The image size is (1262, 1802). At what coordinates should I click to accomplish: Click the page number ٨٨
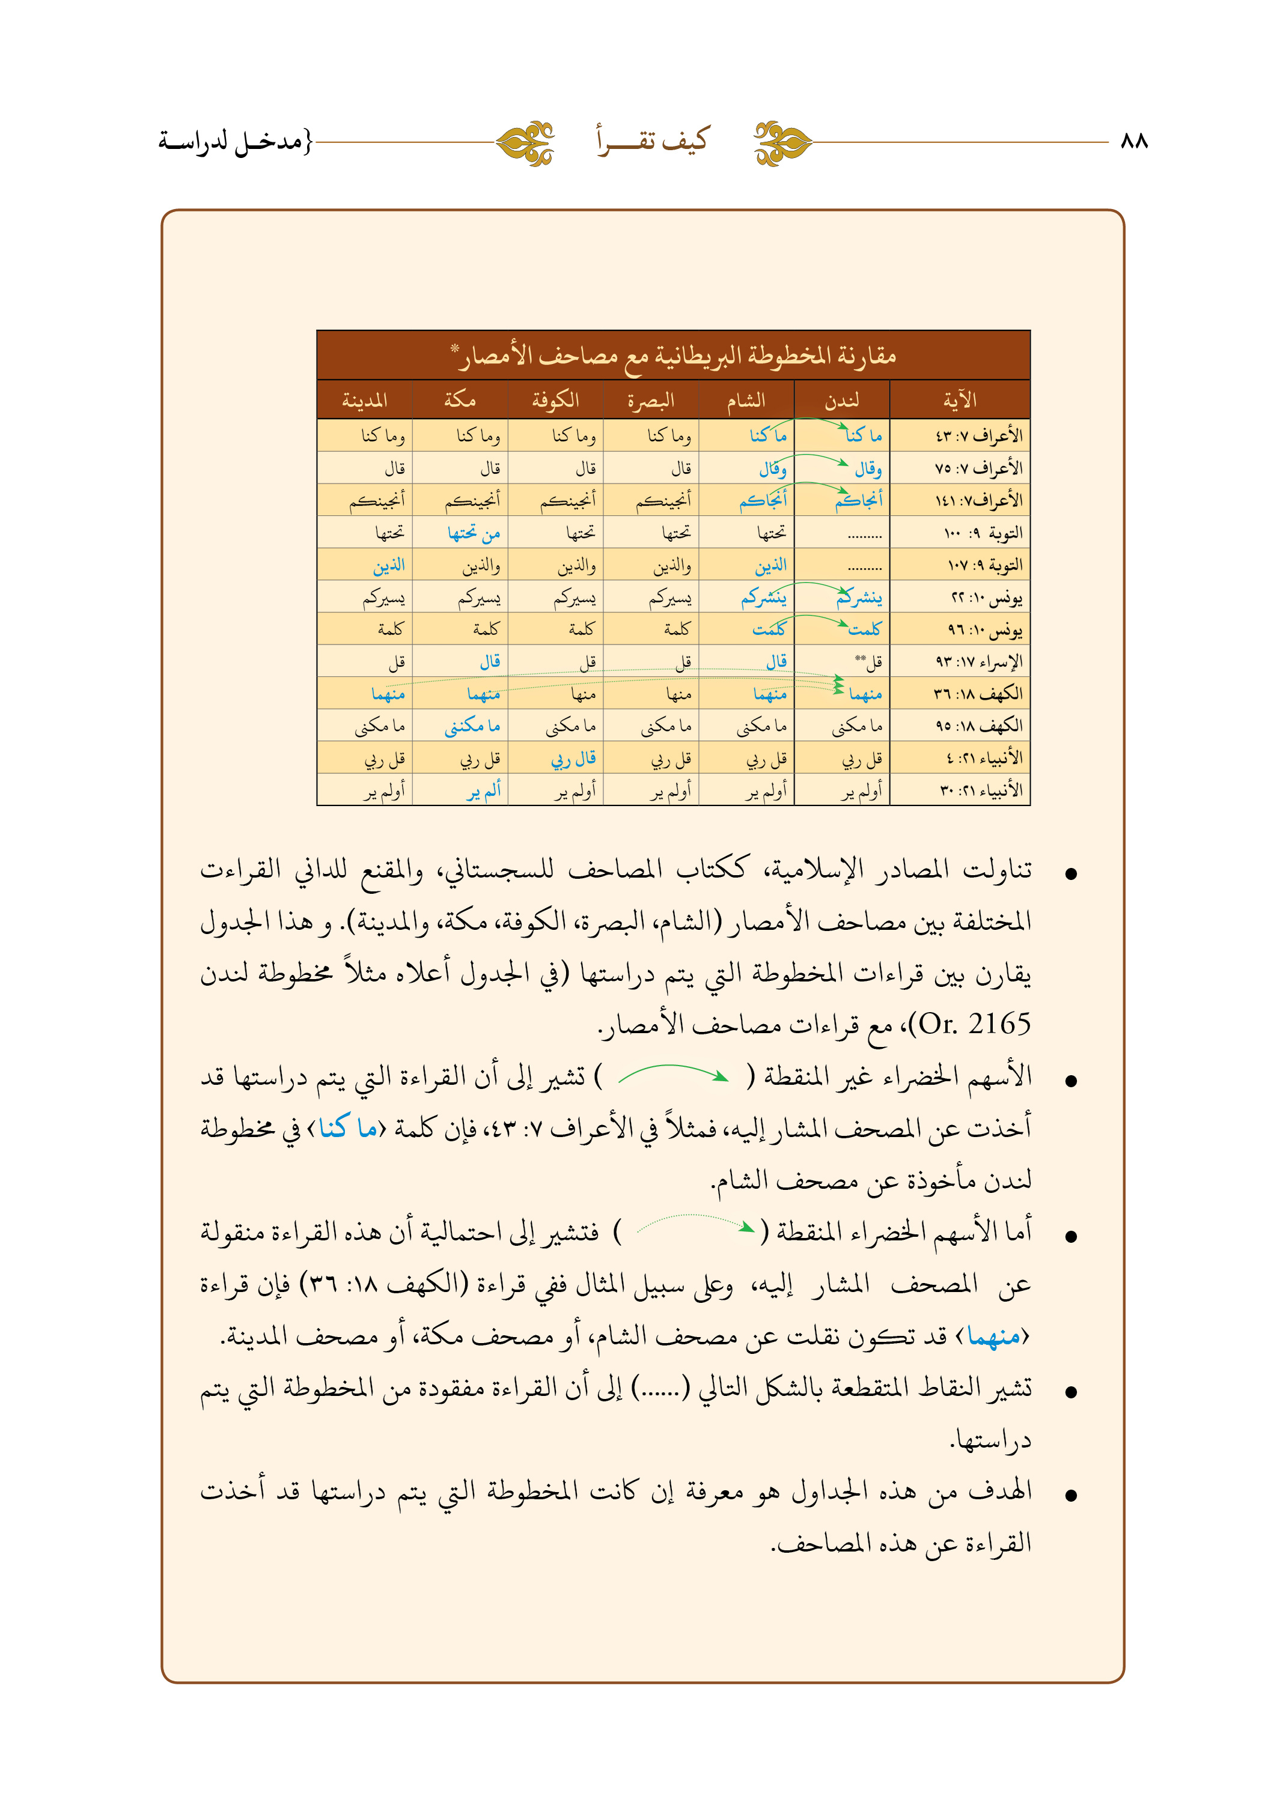point(1134,141)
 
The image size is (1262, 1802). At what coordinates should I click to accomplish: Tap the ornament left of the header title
point(525,143)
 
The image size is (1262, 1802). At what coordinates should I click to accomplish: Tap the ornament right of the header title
point(782,143)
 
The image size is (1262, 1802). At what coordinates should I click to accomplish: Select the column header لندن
point(842,400)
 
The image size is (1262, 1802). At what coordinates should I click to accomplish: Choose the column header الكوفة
point(555,400)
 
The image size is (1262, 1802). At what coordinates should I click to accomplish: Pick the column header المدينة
point(364,400)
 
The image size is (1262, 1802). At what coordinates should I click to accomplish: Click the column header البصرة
point(651,400)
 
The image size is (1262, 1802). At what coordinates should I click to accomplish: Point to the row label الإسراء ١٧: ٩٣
point(978,661)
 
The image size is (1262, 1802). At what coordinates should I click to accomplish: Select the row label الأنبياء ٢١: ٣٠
point(981,790)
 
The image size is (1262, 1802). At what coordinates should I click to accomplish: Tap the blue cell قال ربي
point(573,758)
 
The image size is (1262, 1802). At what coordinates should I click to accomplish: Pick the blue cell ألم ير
point(483,791)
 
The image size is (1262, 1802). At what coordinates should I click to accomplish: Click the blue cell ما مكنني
point(472,726)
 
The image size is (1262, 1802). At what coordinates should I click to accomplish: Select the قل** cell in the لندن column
point(868,661)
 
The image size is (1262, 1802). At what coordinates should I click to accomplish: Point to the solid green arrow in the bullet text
point(673,1075)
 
